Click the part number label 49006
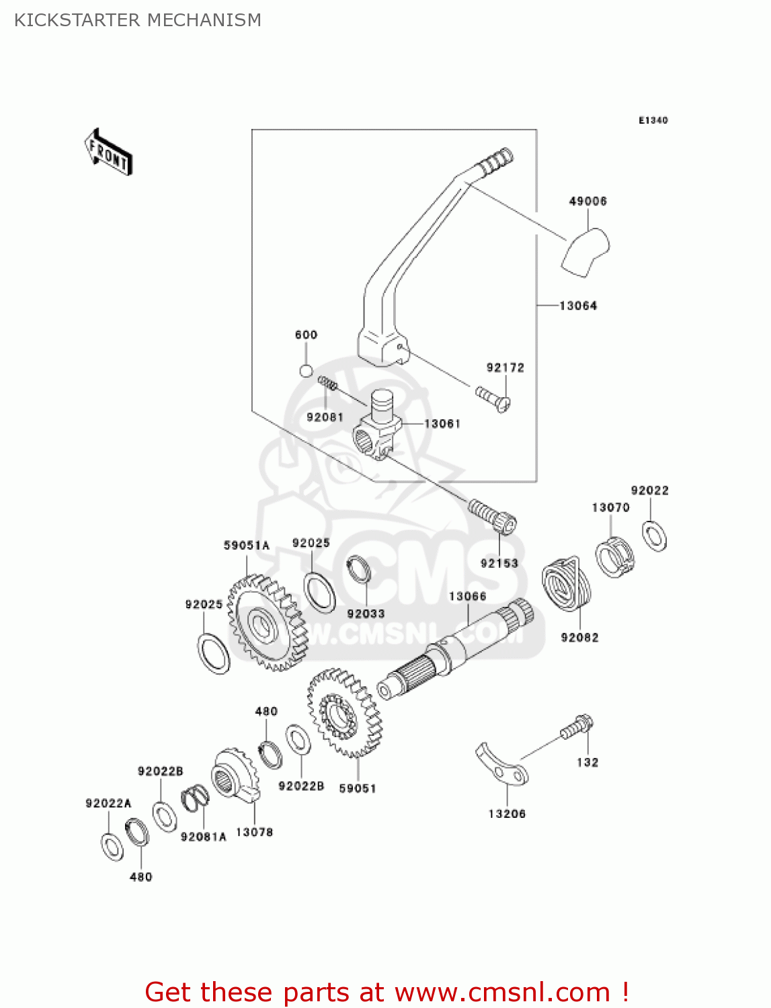pos(587,201)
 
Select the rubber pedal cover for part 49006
pos(585,253)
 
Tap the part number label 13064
pos(578,306)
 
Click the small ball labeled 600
pos(306,370)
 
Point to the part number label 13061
pos(442,423)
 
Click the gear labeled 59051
pos(343,712)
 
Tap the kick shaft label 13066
pos(467,596)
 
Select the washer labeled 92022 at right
pos(654,536)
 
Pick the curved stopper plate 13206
pos(502,766)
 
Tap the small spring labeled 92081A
pos(195,799)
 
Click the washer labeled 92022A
pos(112,846)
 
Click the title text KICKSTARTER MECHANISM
pos(138,20)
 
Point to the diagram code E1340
pos(653,120)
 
